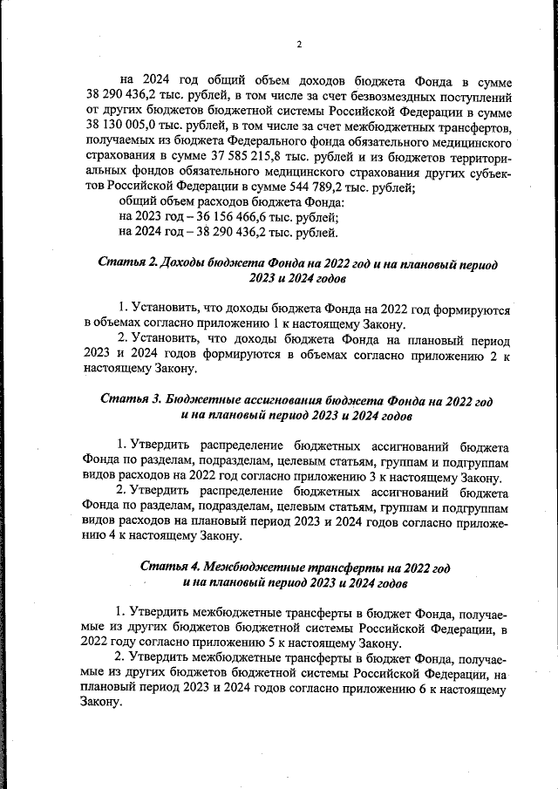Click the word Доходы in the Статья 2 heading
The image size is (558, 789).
coord(188,263)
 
